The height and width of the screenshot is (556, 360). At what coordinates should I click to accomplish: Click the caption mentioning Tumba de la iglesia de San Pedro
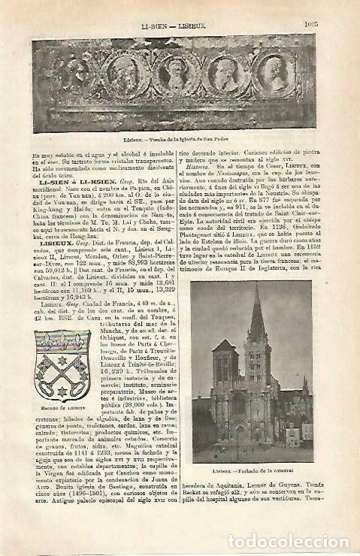point(181,138)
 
